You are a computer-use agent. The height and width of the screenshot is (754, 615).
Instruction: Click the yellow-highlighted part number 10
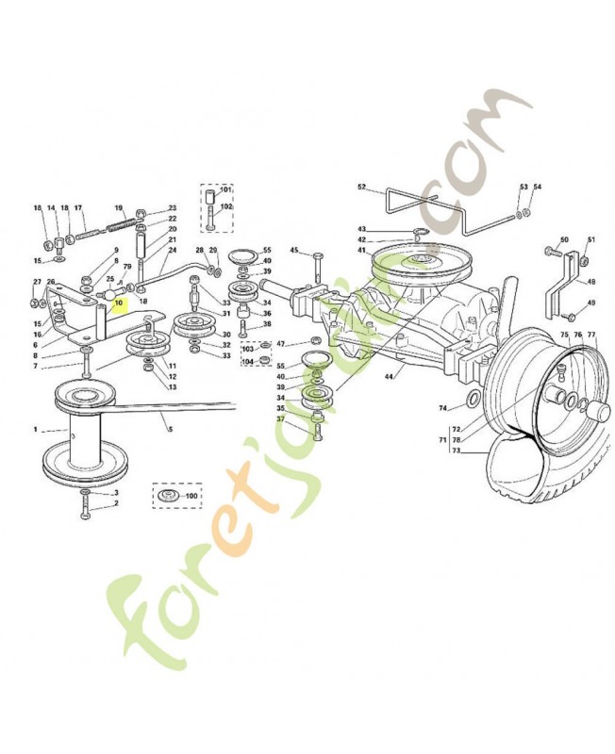tap(119, 303)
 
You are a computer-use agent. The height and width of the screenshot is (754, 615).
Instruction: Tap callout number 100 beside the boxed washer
tap(191, 495)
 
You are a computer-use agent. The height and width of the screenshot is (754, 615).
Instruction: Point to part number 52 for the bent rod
tap(361, 187)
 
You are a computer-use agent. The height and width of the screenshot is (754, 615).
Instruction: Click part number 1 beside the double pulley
tap(36, 430)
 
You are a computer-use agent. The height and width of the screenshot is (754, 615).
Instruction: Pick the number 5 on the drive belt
tap(171, 429)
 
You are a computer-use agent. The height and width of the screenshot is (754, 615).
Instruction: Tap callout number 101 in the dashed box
tap(226, 189)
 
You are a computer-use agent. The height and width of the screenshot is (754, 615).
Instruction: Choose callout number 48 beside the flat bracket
tap(591, 281)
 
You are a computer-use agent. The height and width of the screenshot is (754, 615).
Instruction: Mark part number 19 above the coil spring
tap(119, 207)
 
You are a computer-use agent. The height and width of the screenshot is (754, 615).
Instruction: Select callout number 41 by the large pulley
tap(361, 250)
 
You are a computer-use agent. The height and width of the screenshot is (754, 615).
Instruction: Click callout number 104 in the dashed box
tap(248, 361)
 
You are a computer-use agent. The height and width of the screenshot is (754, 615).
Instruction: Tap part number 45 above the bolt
tap(293, 250)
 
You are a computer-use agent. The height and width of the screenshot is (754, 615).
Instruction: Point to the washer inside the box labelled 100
tap(168, 495)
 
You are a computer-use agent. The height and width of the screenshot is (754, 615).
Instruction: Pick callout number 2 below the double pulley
tap(116, 503)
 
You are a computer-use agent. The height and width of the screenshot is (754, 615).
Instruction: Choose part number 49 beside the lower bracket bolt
tap(591, 303)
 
